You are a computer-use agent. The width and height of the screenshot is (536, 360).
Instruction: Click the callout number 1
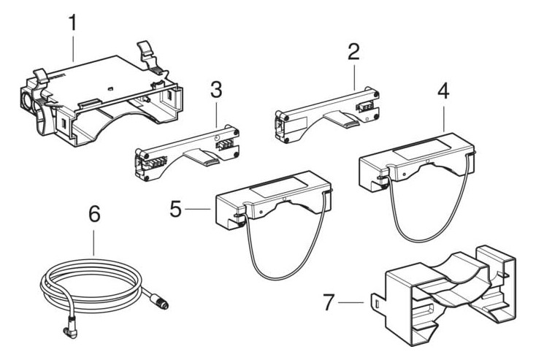point(72,23)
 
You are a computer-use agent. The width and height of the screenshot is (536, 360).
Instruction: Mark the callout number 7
point(330,299)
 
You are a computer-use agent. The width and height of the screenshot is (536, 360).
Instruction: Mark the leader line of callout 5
point(199,208)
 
